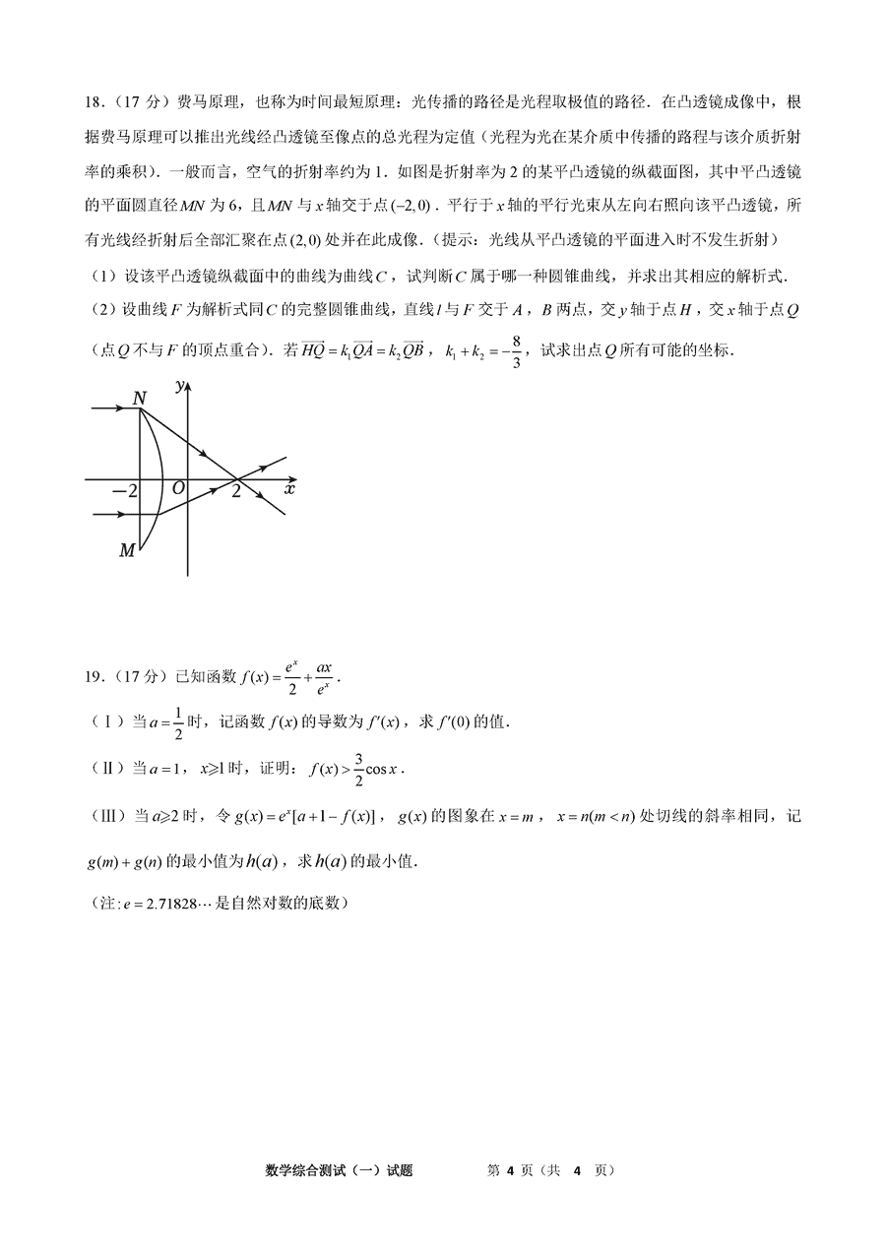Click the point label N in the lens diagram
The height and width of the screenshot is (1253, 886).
139,399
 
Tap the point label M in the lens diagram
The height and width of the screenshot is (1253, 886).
126,550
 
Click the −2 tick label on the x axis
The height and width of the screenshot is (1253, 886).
124,490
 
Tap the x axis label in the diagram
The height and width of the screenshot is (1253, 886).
289,487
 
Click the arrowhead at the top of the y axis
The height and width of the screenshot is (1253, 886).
186,379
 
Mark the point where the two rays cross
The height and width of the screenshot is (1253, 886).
236,479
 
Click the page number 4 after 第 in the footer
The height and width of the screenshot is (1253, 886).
511,1170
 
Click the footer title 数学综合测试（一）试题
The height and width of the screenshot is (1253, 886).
339,1170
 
